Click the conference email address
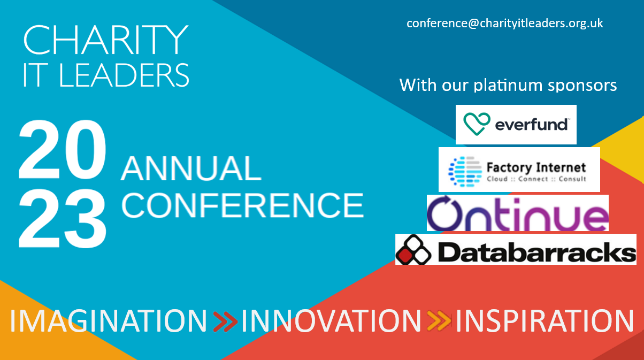[504, 24]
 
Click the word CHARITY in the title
[106, 40]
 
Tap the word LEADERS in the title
[124, 75]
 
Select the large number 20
[63, 149]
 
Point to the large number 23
[63, 218]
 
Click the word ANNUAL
[191, 168]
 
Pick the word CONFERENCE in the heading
[242, 205]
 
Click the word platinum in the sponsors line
[508, 86]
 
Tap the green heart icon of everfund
[477, 124]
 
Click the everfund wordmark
[531, 125]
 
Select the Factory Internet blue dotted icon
[465, 172]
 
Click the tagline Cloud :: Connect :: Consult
[536, 179]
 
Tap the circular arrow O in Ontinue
[444, 213]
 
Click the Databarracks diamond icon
[413, 250]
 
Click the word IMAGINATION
[109, 321]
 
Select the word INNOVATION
[331, 321]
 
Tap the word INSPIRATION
[545, 321]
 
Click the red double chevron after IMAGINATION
[225, 321]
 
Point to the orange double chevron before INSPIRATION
[439, 320]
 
